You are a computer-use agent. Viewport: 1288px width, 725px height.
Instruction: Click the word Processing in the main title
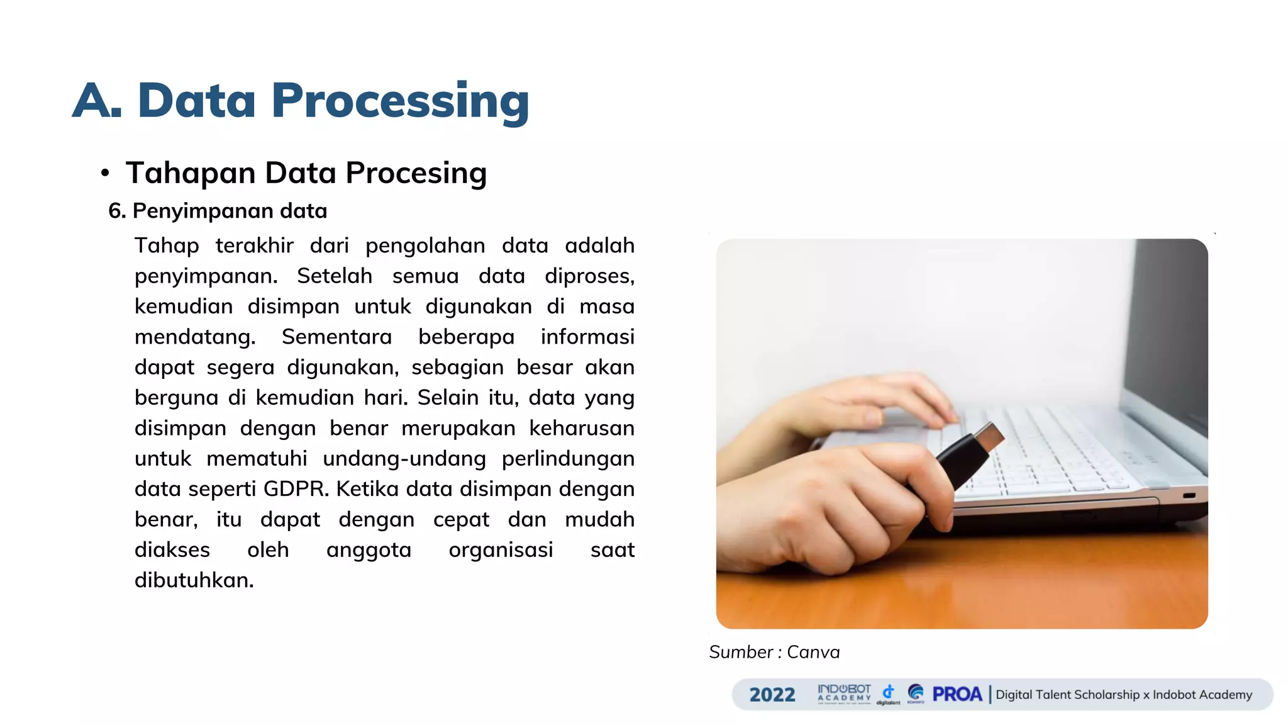400,102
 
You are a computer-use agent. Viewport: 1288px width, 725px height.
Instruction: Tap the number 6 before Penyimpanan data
114,211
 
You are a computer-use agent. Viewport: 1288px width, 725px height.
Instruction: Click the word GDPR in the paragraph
296,489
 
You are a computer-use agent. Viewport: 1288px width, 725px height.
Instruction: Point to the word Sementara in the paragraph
336,337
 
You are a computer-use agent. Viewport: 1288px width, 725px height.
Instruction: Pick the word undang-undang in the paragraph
404,459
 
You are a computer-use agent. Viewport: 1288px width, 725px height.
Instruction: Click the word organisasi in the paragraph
501,550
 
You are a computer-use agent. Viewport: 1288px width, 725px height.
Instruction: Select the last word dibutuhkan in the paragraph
194,580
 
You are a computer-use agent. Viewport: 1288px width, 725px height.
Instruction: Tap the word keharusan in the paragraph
581,429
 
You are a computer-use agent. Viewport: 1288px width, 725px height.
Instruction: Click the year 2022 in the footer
772,695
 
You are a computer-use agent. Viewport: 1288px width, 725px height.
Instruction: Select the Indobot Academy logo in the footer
844,694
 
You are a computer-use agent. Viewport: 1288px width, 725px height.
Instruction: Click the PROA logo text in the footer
957,694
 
